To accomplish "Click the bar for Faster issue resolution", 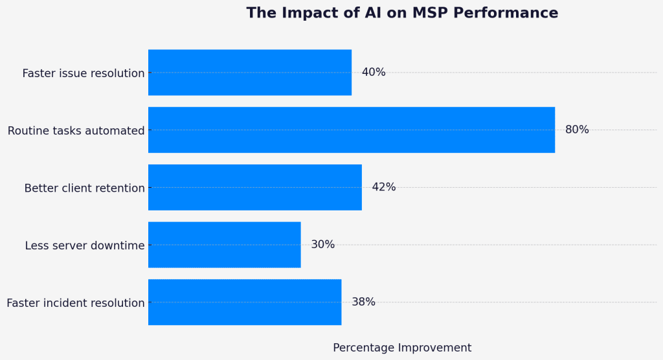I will (250, 73).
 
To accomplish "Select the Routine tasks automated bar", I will (352, 129).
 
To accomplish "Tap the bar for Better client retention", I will (255, 187).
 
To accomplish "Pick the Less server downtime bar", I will (225, 245).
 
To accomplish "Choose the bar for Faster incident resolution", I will (245, 302).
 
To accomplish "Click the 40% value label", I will (374, 73).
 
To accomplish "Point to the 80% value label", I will (577, 129).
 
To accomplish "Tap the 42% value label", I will (384, 187).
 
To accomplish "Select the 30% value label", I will (322, 245).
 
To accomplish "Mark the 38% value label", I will (363, 302).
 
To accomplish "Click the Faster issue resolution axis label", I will (84, 73).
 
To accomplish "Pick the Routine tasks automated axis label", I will (76, 131).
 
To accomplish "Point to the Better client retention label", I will (85, 188).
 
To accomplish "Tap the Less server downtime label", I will (85, 246).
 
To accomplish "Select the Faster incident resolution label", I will (76, 303).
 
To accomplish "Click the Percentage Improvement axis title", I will (402, 348).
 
